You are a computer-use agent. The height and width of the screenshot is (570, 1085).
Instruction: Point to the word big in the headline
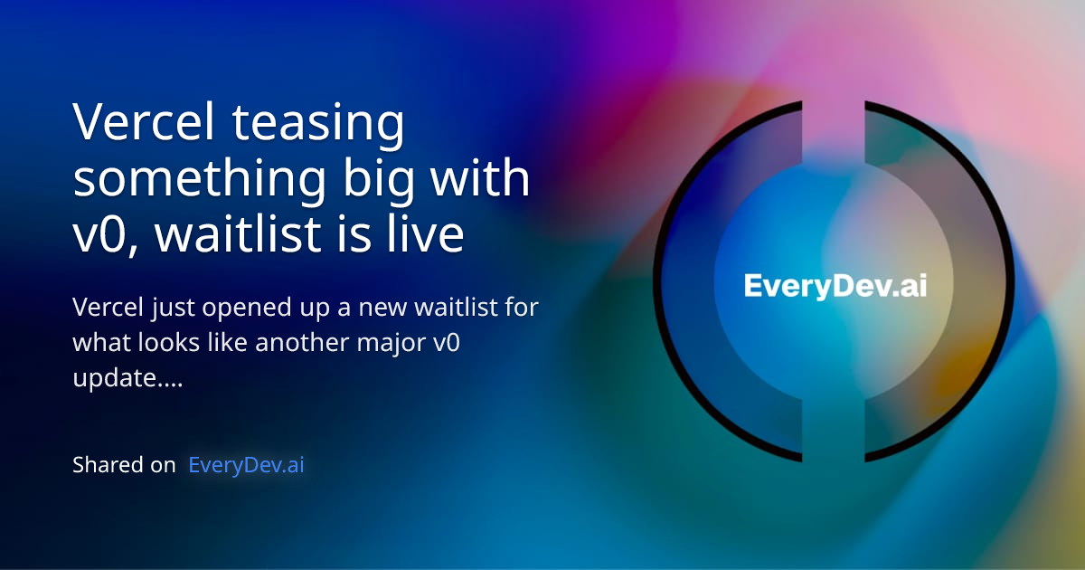384,180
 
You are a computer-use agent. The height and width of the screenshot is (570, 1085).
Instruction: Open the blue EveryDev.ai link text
246,465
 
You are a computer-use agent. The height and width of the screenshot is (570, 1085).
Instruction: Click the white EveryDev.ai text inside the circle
835,286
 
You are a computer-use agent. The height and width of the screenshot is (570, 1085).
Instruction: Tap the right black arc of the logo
1003,281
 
